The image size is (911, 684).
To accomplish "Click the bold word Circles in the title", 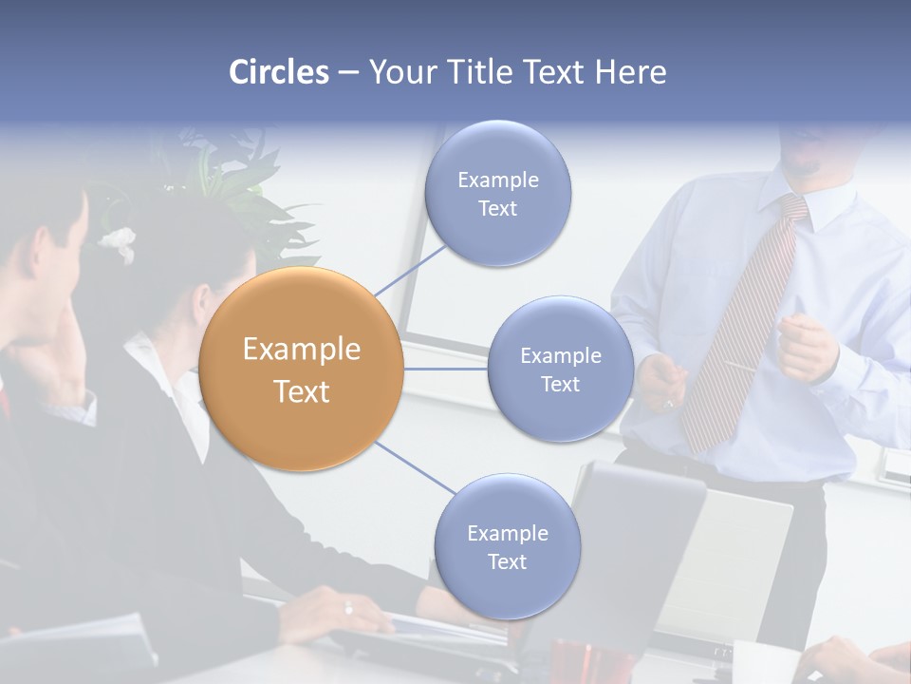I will coord(278,72).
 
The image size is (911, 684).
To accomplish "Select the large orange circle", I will coord(301,369).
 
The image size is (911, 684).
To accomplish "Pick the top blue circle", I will coord(496,193).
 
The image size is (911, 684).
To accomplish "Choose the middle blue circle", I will coord(560,369).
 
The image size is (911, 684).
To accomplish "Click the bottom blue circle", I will coord(507,546).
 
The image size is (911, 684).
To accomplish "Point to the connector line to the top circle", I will coord(410,270).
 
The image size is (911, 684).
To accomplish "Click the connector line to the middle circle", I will coord(445,369).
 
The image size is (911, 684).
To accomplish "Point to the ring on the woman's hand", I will coord(348,608).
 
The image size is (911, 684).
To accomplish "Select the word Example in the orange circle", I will coord(301,350).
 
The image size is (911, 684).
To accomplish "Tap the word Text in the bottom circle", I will coord(507,561).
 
